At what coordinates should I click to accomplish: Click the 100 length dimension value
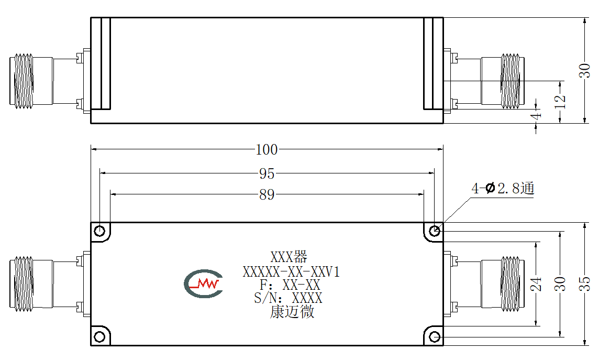pyautogui.click(x=267, y=149)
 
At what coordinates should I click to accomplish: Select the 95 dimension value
pyautogui.click(x=267, y=173)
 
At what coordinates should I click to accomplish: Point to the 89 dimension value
pyautogui.click(x=267, y=195)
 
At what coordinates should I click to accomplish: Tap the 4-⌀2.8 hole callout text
pyautogui.click(x=502, y=188)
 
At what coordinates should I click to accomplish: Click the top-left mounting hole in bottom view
pyautogui.click(x=99, y=231)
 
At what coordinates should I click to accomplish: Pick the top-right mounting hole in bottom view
pyautogui.click(x=435, y=231)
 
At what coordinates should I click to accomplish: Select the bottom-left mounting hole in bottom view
pyautogui.click(x=99, y=337)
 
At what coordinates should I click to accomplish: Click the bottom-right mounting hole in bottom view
pyautogui.click(x=435, y=337)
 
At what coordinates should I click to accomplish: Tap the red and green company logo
pyautogui.click(x=203, y=283)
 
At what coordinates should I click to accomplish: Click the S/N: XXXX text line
pyautogui.click(x=288, y=298)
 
